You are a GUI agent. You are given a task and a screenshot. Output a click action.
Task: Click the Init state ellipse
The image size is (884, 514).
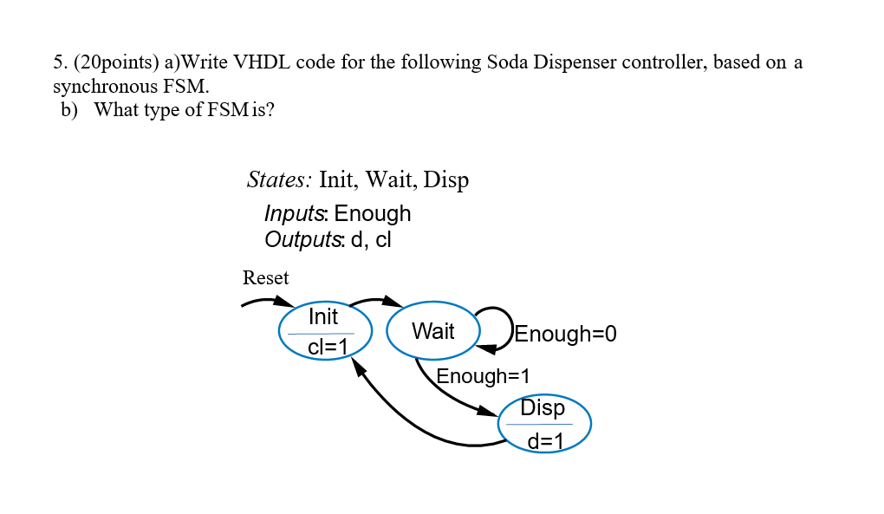click(x=325, y=330)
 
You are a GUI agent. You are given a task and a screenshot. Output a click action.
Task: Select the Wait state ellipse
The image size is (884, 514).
click(x=432, y=331)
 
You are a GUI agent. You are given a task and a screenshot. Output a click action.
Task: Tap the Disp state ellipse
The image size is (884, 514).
click(x=544, y=423)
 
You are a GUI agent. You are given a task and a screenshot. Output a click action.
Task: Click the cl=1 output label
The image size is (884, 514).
click(x=328, y=348)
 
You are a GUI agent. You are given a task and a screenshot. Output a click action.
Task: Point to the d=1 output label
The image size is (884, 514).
click(x=546, y=441)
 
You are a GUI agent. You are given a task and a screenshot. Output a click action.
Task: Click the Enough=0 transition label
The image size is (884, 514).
click(x=566, y=335)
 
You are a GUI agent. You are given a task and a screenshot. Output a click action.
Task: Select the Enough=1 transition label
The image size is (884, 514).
click(x=482, y=376)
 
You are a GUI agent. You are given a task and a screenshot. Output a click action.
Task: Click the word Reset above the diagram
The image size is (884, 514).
click(x=265, y=278)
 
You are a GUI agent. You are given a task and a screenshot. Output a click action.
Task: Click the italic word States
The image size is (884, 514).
click(x=278, y=180)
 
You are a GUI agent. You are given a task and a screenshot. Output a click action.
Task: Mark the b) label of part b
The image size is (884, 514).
click(x=70, y=110)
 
